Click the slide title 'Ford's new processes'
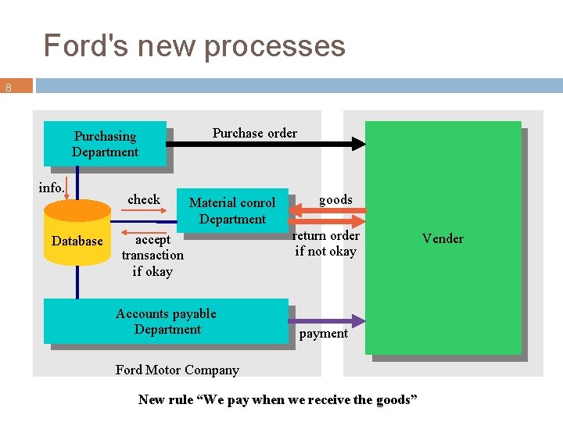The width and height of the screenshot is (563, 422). coord(194,45)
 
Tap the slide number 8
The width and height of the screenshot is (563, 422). coord(9,88)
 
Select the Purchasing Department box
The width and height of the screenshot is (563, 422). coord(105,144)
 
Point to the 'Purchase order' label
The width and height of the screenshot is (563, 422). coord(254,133)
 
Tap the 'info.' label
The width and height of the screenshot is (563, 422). coord(52,188)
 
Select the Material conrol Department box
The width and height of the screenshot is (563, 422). coord(232,210)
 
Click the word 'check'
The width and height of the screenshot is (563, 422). coord(144,199)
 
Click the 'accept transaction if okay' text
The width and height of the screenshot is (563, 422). coord(152,255)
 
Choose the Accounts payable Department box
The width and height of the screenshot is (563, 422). coord(166,321)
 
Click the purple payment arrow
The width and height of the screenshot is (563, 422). coord(328,320)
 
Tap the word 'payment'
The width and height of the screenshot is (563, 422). coord(324,334)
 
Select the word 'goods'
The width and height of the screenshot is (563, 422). coord(335,199)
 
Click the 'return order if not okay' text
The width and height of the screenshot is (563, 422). coord(325,243)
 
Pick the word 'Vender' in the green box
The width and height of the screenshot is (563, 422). coord(443,238)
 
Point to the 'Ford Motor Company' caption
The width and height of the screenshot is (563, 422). coord(177,370)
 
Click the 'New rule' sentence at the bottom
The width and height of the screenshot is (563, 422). coord(278,399)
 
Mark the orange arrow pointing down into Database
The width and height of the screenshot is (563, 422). coord(67,188)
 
